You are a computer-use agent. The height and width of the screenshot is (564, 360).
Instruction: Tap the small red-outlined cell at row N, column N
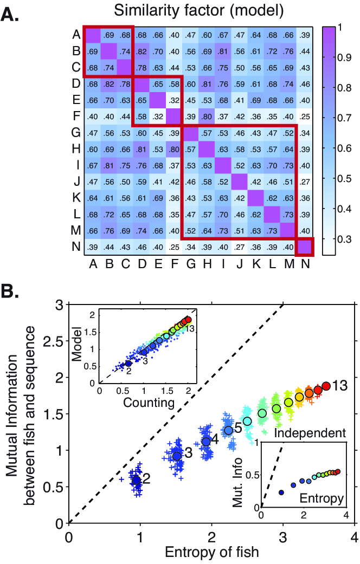pos(305,247)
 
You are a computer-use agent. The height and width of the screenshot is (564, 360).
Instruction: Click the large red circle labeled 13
pos(326,386)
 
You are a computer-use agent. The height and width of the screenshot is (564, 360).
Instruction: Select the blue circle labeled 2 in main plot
pos(137,480)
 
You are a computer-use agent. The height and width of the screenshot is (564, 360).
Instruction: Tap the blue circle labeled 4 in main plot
pos(206,442)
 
